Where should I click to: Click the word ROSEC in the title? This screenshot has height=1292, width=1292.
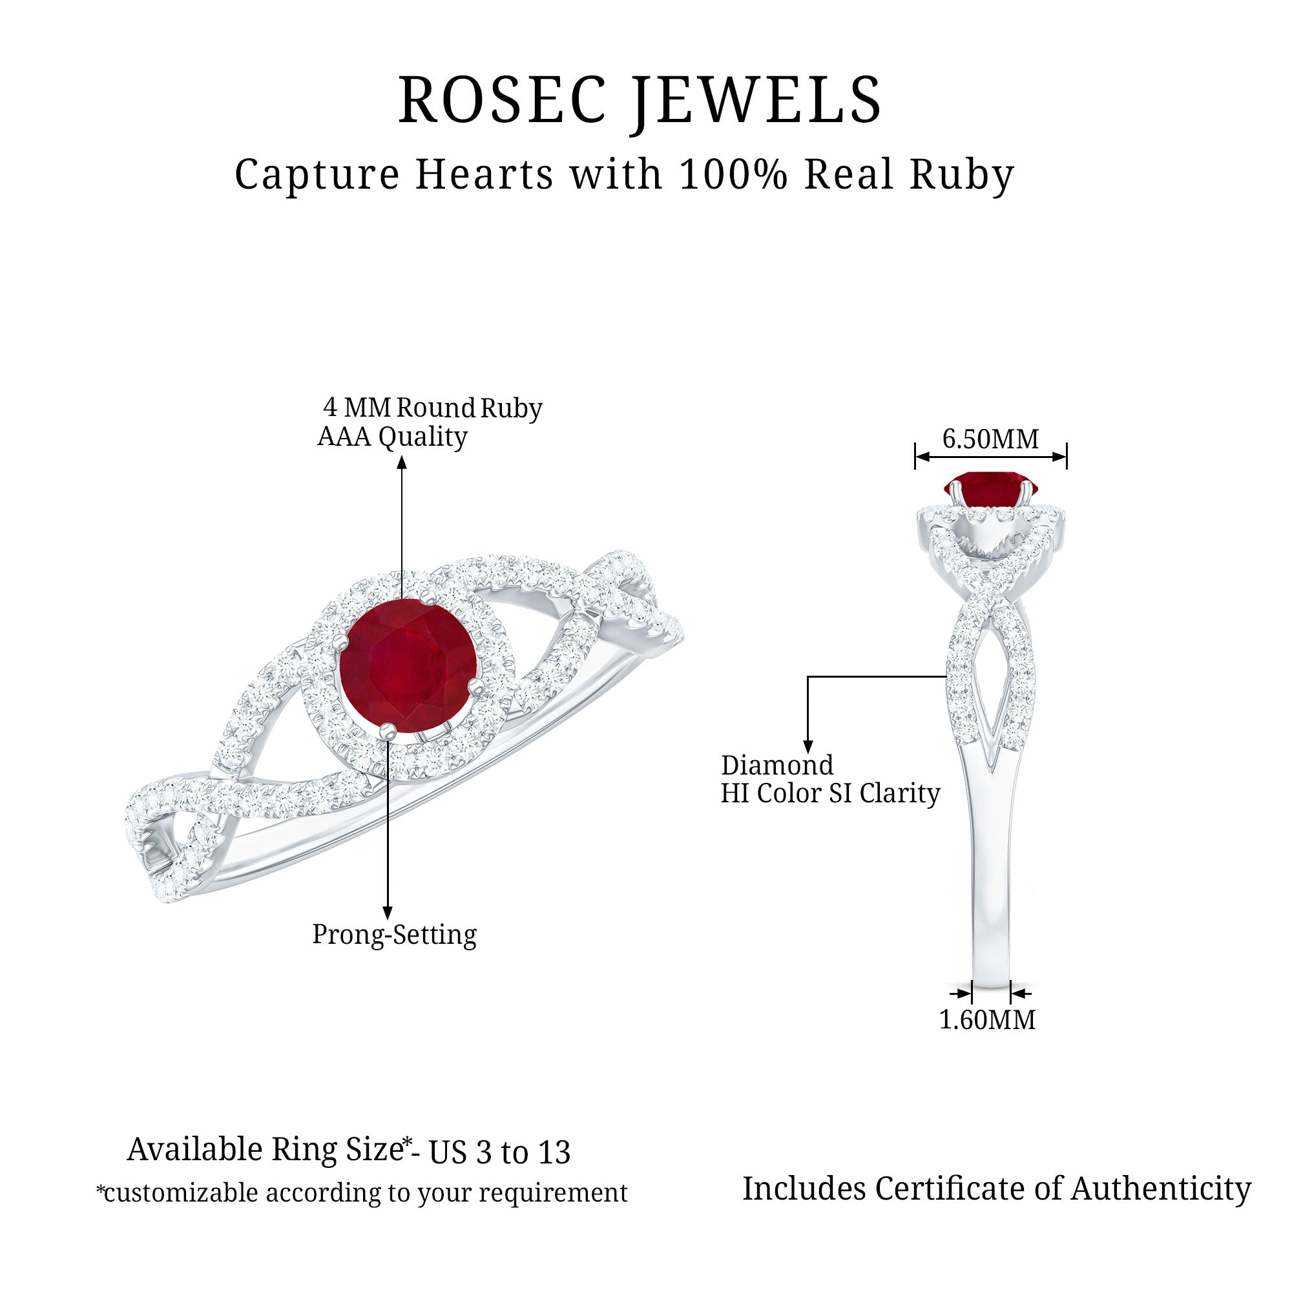pos(502,99)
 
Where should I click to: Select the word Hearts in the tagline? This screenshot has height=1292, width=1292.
pos(484,174)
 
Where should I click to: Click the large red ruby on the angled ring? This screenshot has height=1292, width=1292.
pos(408,666)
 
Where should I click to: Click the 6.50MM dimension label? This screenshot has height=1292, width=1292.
pos(990,439)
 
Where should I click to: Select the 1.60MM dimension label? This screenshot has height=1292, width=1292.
pos(987,1020)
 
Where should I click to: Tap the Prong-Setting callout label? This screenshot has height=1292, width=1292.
pos(395,935)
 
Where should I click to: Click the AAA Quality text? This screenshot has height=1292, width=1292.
pos(393,437)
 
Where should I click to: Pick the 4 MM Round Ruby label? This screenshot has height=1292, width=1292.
pos(433,407)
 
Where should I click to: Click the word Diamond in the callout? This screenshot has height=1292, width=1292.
pos(777,765)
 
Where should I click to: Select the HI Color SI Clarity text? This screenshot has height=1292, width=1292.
pos(831,794)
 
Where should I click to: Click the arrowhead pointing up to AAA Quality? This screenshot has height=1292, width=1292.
pos(401,462)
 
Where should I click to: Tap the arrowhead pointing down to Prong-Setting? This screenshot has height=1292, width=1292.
pos(387,913)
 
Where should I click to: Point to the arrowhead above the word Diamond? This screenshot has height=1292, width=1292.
pos(808,747)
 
